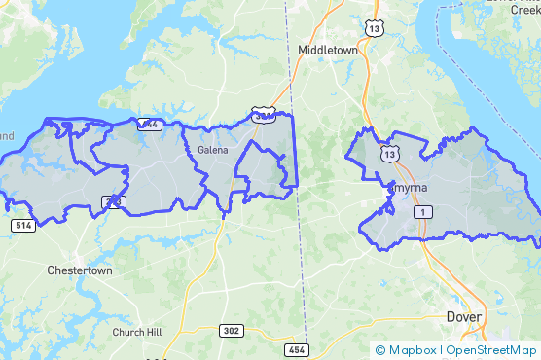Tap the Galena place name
[213, 150]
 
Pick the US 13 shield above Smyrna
[390, 154]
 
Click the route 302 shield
[231, 330]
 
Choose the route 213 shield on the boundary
[114, 202]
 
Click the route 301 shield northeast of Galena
[262, 116]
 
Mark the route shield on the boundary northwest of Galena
[149, 124]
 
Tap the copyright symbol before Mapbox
[380, 349]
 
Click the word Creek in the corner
[522, 8]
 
